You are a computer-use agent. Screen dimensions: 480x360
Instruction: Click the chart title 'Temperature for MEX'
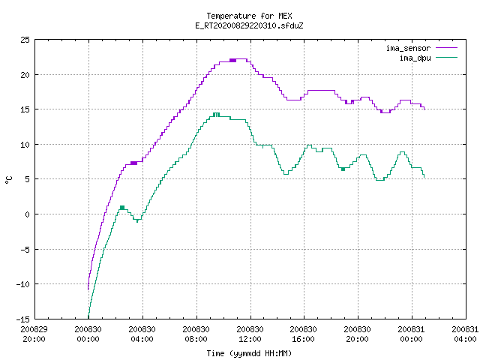[249, 16]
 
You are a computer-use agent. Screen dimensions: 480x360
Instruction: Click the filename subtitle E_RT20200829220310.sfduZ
[249, 25]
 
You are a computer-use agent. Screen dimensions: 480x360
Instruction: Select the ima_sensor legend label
[408, 48]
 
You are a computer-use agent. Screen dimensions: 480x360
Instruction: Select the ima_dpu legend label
[415, 58]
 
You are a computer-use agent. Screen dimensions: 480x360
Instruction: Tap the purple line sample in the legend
[447, 48]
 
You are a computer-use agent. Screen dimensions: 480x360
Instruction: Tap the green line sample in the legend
[447, 58]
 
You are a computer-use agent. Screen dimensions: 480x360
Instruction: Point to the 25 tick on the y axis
[25, 40]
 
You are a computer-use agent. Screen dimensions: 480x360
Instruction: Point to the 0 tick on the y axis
[28, 214]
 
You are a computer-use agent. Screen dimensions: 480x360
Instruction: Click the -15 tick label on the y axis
[23, 319]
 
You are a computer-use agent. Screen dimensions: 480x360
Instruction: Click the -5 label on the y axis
[25, 250]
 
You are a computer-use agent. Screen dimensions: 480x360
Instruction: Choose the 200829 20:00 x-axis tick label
[34, 334]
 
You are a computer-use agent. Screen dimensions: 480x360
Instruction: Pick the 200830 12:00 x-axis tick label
[250, 334]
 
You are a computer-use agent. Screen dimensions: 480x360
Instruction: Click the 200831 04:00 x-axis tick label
[465, 334]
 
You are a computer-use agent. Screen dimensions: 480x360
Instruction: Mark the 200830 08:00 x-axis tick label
[196, 334]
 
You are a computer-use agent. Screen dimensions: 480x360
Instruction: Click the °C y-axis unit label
[9, 180]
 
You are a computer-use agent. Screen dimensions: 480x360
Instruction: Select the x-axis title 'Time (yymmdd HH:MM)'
[249, 353]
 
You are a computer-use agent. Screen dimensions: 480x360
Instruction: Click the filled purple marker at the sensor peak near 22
[232, 60]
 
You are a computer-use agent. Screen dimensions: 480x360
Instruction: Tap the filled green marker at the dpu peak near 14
[216, 115]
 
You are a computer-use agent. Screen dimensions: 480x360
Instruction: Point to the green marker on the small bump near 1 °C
[122, 208]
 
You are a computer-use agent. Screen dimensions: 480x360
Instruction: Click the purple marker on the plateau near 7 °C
[133, 163]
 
